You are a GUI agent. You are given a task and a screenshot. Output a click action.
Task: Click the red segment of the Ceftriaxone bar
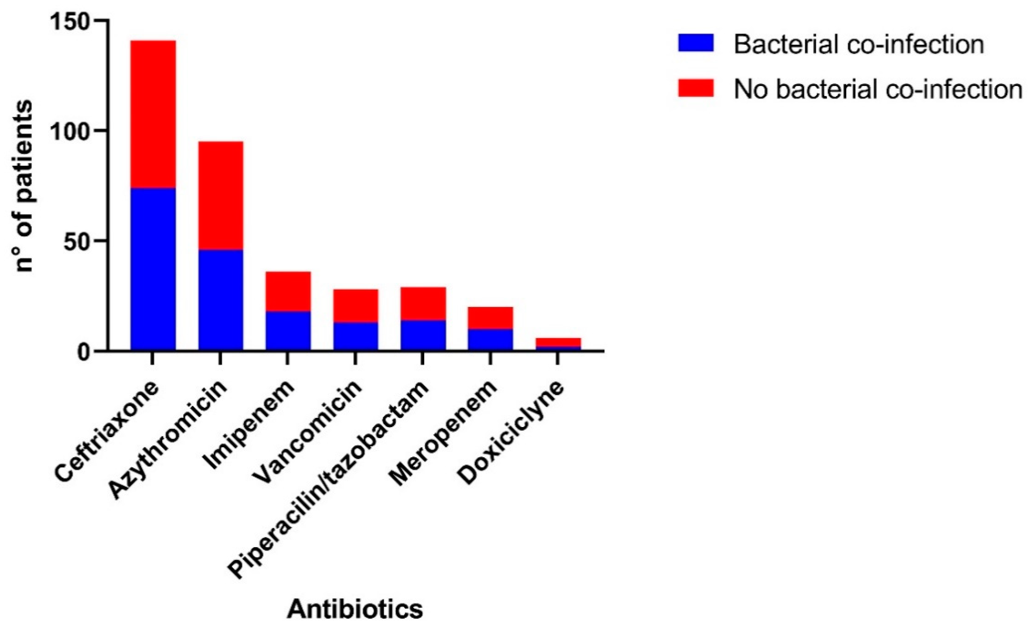[153, 114]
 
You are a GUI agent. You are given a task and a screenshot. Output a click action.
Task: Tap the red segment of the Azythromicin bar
[221, 195]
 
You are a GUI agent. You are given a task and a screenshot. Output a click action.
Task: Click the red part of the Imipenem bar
[288, 291]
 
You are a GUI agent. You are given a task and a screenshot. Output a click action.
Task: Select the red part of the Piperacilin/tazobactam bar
[423, 303]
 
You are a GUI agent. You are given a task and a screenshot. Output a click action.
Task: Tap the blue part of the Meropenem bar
[490, 339]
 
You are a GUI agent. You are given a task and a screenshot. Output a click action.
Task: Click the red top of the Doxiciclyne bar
[558, 341]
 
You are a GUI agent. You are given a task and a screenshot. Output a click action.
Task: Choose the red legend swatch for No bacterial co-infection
[696, 88]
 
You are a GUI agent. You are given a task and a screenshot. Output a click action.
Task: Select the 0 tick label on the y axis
[83, 352]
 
